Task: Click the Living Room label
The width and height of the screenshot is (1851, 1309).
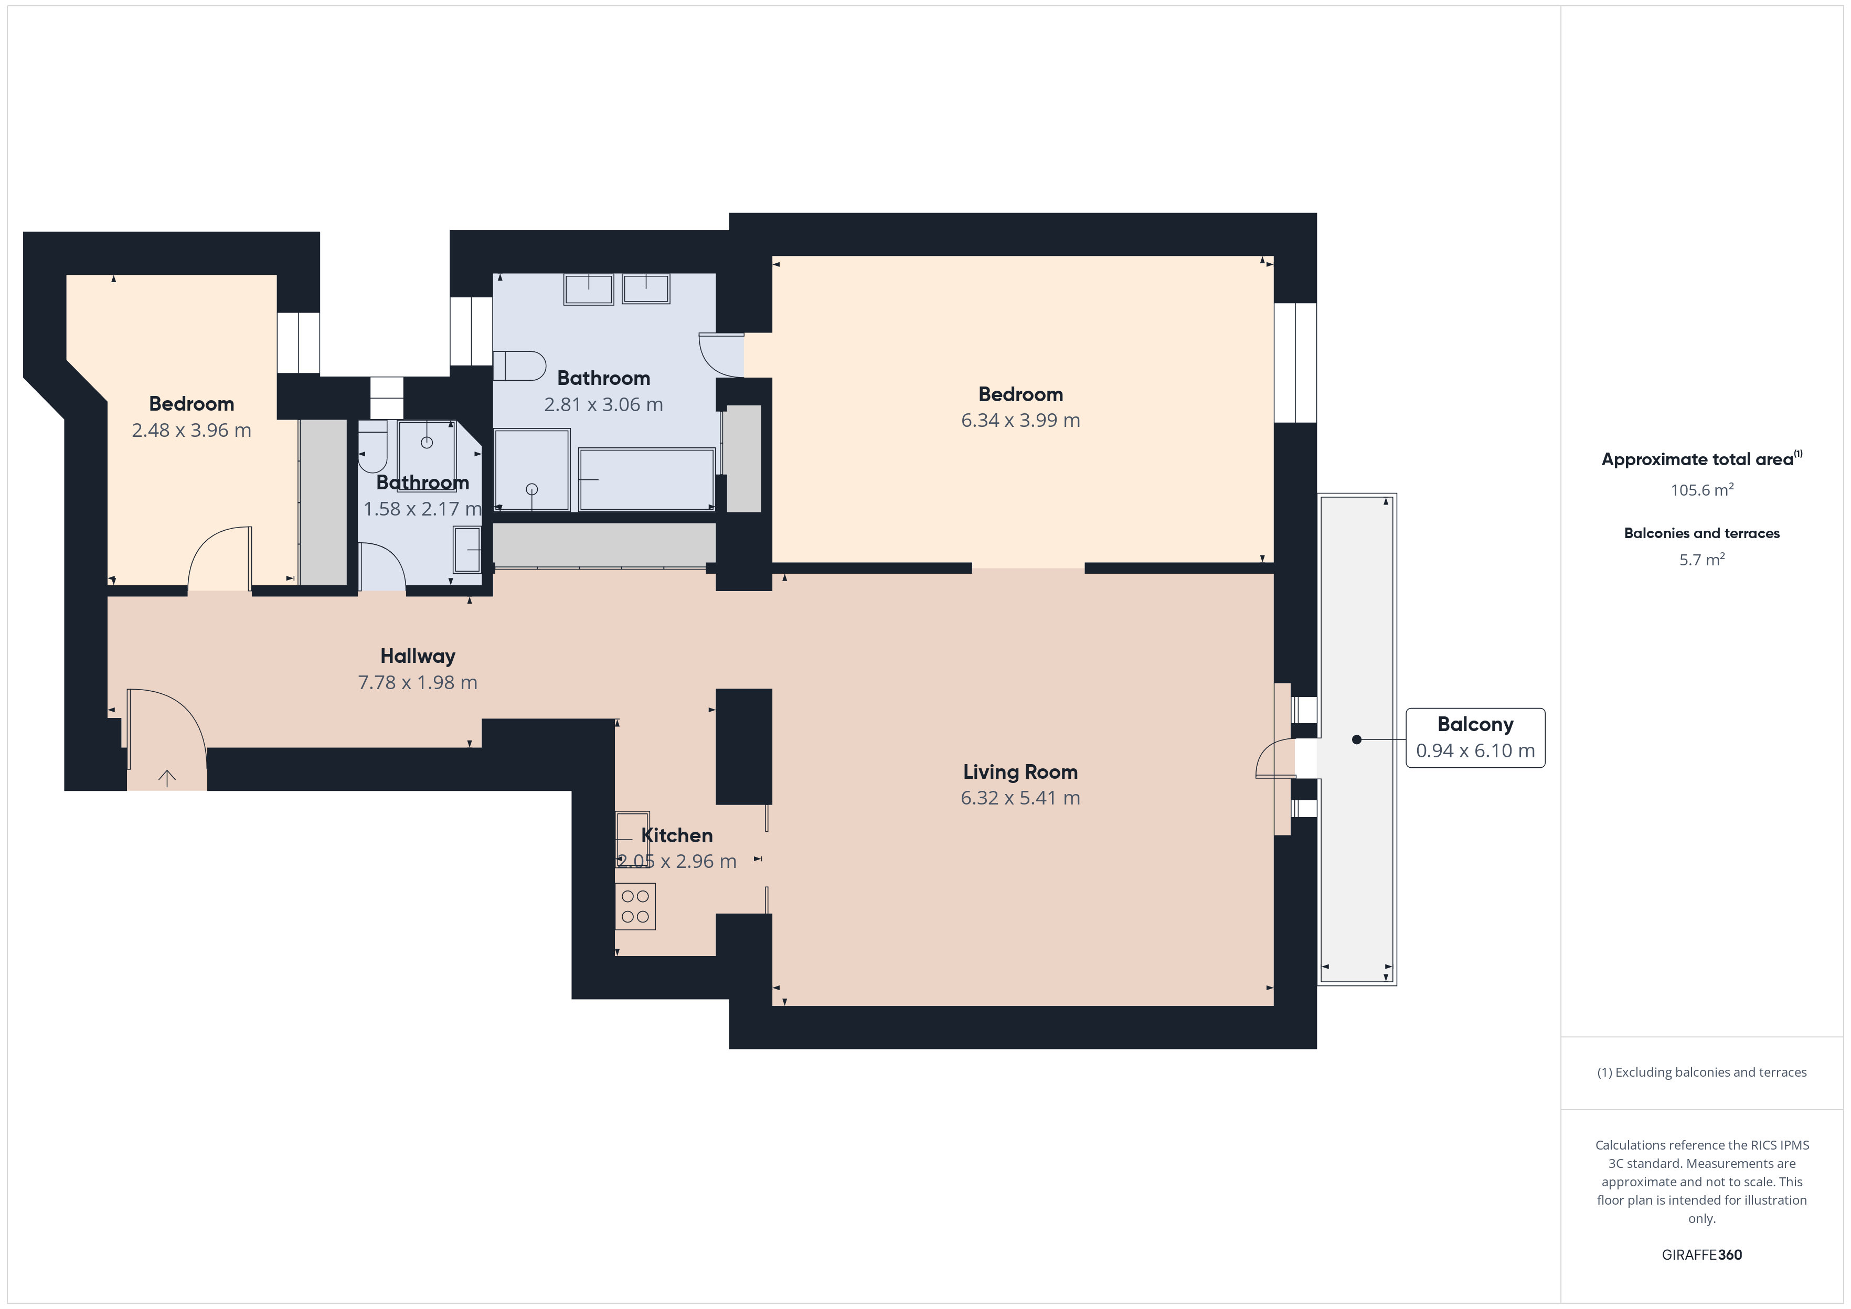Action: [1020, 771]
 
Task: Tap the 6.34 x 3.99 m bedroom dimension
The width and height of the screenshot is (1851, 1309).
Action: [1020, 420]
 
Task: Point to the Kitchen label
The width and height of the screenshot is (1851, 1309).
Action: [676, 835]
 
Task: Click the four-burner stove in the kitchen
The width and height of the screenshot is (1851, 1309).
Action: [635, 906]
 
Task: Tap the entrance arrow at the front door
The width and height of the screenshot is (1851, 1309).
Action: [167, 778]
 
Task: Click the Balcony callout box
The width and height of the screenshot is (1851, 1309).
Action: [1475, 737]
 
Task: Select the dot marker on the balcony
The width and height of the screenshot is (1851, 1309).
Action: [1357, 739]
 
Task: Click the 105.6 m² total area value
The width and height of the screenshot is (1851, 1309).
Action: [1702, 489]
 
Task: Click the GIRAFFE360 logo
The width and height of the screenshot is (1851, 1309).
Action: [1702, 1254]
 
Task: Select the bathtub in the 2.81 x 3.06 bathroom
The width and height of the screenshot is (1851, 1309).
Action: [646, 479]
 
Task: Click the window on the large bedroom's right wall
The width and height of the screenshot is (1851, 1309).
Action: [1295, 363]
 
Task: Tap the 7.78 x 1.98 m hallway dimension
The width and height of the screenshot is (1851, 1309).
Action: [418, 683]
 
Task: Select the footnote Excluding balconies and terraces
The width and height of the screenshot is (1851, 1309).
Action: [1702, 1072]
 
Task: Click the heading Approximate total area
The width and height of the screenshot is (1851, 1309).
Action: [1697, 459]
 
